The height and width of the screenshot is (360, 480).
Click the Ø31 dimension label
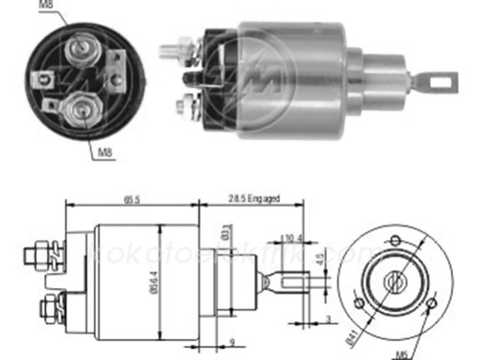[225, 230]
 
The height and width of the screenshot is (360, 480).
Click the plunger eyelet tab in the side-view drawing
[296, 283]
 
